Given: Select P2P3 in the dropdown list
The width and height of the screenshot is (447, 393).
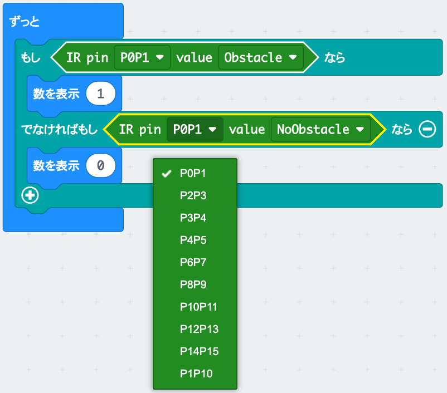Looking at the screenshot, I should pyautogui.click(x=193, y=195).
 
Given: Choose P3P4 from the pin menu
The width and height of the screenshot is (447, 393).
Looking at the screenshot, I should pyautogui.click(x=193, y=218).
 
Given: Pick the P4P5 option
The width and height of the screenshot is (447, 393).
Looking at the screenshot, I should pyautogui.click(x=193, y=240).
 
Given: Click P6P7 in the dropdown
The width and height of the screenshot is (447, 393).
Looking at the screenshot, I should pyautogui.click(x=193, y=262).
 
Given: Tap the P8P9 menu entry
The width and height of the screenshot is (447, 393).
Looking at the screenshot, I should pyautogui.click(x=193, y=284).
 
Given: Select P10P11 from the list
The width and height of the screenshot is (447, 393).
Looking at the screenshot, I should pyautogui.click(x=198, y=307).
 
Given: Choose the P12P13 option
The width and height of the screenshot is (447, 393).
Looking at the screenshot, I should pyautogui.click(x=199, y=329).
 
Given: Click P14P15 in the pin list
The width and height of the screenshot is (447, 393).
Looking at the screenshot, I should pyautogui.click(x=199, y=351).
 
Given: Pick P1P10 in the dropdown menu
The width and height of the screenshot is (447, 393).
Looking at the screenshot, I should pyautogui.click(x=196, y=374).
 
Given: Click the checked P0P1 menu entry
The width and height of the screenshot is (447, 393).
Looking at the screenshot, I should pyautogui.click(x=193, y=173).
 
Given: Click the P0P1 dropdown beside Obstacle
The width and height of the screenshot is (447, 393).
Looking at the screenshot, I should pyautogui.click(x=142, y=57).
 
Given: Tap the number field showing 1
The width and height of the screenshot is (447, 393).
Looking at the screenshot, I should pyautogui.click(x=100, y=94).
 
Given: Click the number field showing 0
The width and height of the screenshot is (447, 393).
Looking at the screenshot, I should pyautogui.click(x=100, y=165).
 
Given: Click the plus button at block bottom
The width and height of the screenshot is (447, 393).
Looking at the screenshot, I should pyautogui.click(x=30, y=195).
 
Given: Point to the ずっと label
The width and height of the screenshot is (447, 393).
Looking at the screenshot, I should pyautogui.click(x=25, y=22).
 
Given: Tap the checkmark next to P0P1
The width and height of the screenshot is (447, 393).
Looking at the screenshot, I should pyautogui.click(x=166, y=174).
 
